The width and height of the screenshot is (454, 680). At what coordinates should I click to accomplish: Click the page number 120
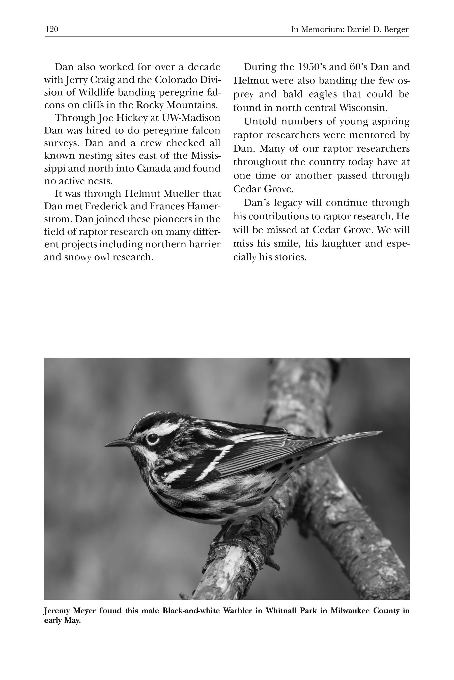click(52, 29)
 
